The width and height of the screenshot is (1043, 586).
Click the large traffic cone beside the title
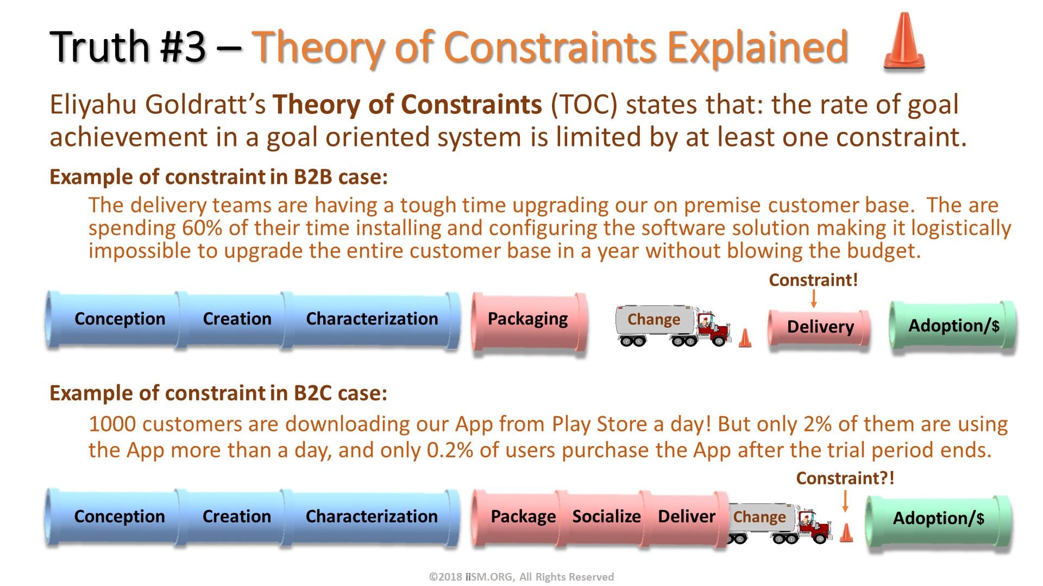[x=904, y=42]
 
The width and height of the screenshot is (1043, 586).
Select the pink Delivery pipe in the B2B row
[x=820, y=327]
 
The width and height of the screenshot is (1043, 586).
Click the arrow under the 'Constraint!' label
[x=813, y=298]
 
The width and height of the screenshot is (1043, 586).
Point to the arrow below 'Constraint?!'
[x=845, y=500]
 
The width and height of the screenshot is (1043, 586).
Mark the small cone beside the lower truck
[x=846, y=533]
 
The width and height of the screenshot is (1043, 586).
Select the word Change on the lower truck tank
[x=759, y=517]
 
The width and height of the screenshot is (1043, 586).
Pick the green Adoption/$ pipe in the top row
[x=953, y=326]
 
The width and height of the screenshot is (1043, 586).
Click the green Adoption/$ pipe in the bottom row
[x=938, y=519]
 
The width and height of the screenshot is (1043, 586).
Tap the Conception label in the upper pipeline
[x=120, y=319]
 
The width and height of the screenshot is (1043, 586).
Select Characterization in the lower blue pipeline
[x=372, y=517]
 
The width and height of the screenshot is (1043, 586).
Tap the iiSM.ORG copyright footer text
[x=521, y=577]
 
